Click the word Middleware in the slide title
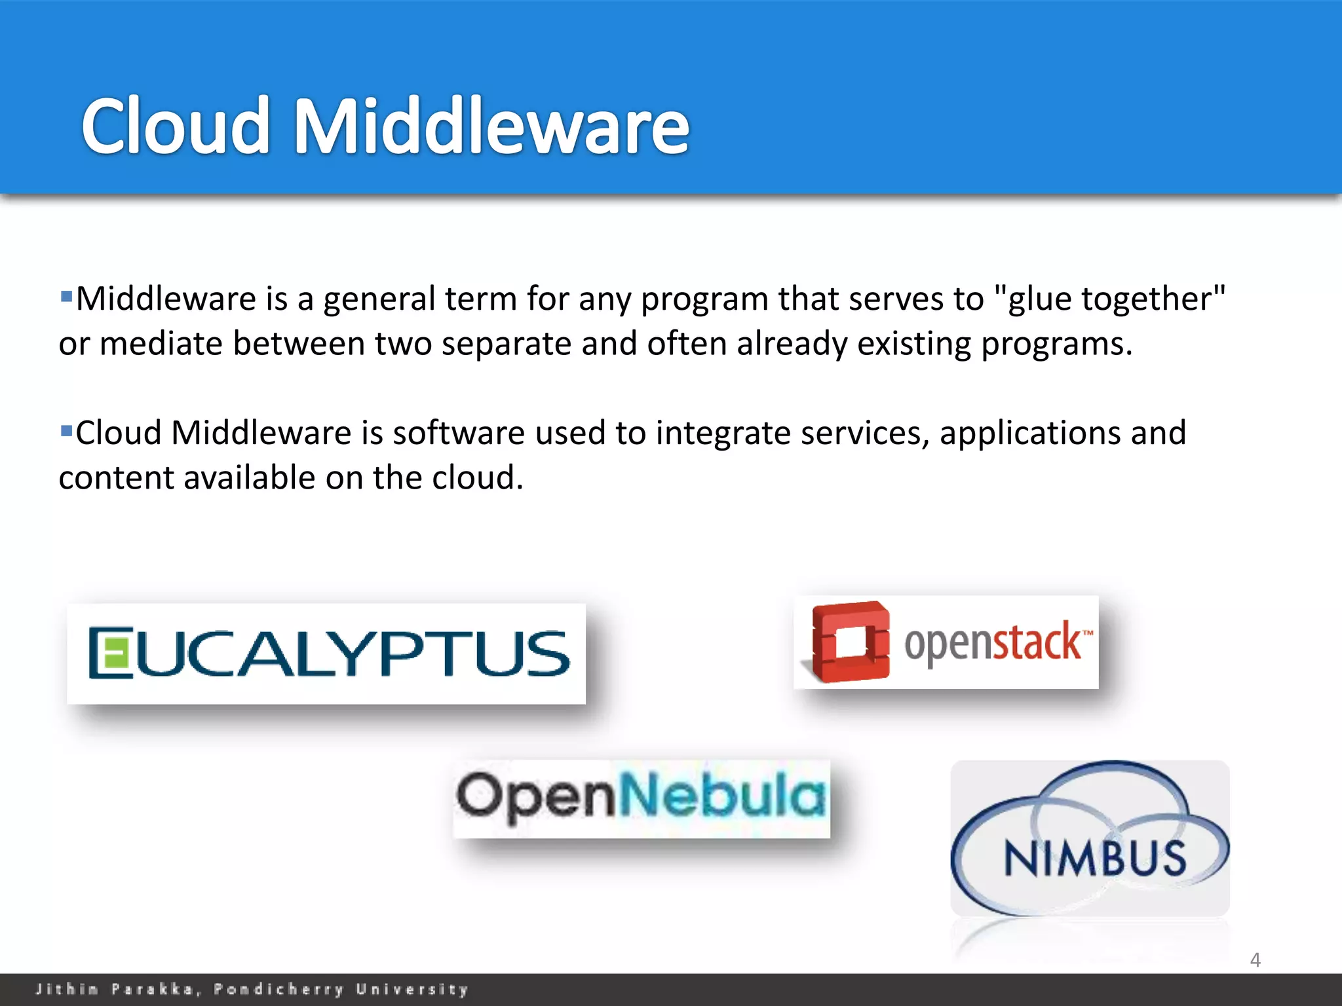(491, 126)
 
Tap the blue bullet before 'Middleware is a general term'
(66, 296)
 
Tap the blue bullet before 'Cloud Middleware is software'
(66, 430)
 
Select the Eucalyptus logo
(326, 654)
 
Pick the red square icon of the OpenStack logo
(850, 643)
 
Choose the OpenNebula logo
(642, 798)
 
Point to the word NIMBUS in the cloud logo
(1094, 858)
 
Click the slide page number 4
(1255, 959)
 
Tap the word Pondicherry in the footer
(279, 989)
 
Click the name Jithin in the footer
(67, 989)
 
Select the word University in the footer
(412, 989)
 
